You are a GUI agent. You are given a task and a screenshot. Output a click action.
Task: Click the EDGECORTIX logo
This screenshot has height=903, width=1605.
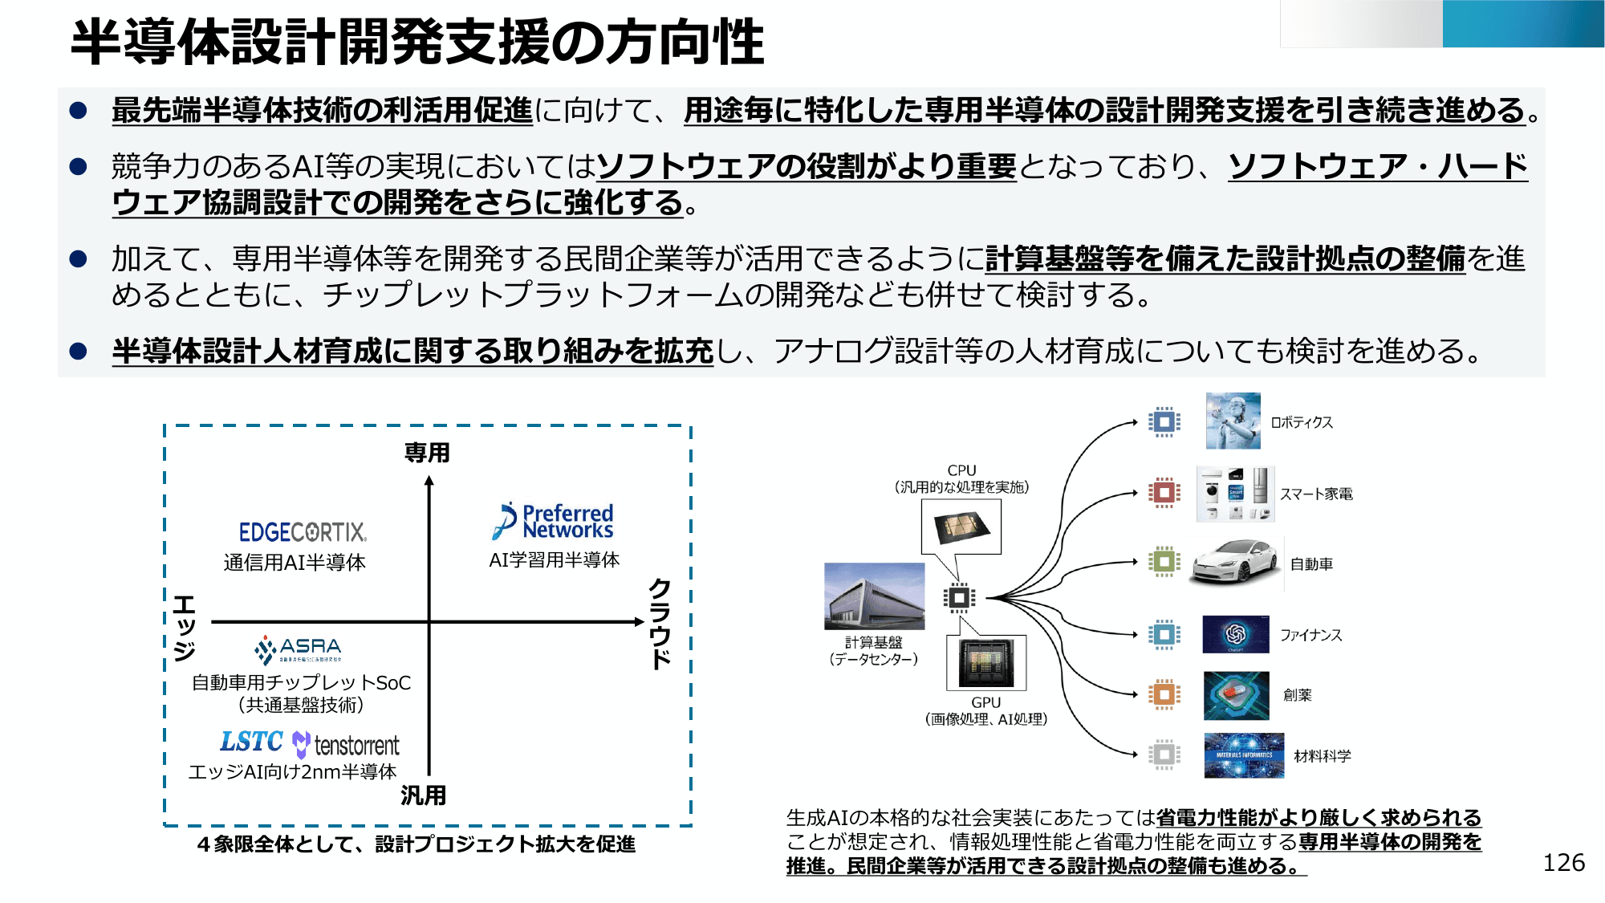coord(303,531)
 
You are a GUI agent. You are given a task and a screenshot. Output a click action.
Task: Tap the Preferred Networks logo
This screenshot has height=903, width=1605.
coord(553,521)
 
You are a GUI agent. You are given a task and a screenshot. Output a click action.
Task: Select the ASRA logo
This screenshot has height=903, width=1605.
coord(299,649)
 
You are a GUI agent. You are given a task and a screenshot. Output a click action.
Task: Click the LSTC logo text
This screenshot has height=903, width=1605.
coord(251,742)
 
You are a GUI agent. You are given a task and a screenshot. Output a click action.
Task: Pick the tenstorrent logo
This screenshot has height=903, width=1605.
coord(347,746)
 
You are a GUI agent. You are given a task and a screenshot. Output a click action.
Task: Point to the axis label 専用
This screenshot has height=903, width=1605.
coord(427,453)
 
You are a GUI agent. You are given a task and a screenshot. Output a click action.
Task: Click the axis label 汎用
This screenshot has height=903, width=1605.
coord(424,795)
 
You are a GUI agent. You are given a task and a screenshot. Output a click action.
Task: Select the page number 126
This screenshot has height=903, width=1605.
coord(1563,862)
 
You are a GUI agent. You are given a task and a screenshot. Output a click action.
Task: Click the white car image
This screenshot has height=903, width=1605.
coord(1234,561)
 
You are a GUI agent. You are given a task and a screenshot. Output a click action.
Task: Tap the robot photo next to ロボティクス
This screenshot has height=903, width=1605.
coord(1233,421)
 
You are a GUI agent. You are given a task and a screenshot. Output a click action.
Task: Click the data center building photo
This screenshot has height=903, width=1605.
coord(874,596)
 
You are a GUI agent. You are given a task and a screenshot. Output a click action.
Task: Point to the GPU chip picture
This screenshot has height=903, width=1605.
coord(986,663)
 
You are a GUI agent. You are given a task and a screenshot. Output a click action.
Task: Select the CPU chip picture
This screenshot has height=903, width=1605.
coord(961,527)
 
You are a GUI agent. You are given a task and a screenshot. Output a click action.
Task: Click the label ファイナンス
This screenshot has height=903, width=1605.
coord(1310,635)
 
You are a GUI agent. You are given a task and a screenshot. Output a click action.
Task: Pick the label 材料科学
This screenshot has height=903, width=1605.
coord(1322,755)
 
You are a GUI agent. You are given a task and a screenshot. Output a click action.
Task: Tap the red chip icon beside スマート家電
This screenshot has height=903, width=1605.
coord(1164,493)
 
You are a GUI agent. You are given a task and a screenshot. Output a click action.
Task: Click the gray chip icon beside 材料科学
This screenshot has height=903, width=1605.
coord(1164,755)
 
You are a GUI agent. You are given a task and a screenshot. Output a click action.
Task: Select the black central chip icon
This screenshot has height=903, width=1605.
coord(959,598)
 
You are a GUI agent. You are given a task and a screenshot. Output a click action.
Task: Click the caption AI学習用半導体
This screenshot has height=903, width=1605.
coord(554,559)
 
